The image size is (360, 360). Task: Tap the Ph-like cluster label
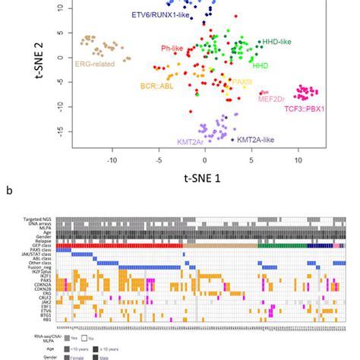tap(174, 49)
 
